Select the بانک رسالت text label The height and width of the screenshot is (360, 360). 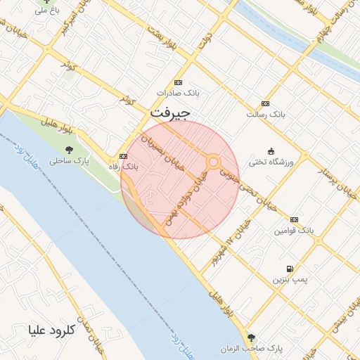click(x=264, y=113)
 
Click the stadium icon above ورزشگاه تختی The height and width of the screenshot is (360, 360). click(x=271, y=151)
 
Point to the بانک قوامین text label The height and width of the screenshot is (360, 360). click(x=293, y=230)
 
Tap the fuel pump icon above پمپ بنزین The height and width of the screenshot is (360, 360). click(x=289, y=269)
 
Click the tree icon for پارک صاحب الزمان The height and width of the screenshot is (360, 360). click(x=251, y=337)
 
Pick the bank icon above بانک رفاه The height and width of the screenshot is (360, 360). click(x=124, y=156)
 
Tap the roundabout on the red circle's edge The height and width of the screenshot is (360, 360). click(x=213, y=162)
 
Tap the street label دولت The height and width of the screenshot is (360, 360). click(x=205, y=39)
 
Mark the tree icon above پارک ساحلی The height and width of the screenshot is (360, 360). click(x=69, y=149)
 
